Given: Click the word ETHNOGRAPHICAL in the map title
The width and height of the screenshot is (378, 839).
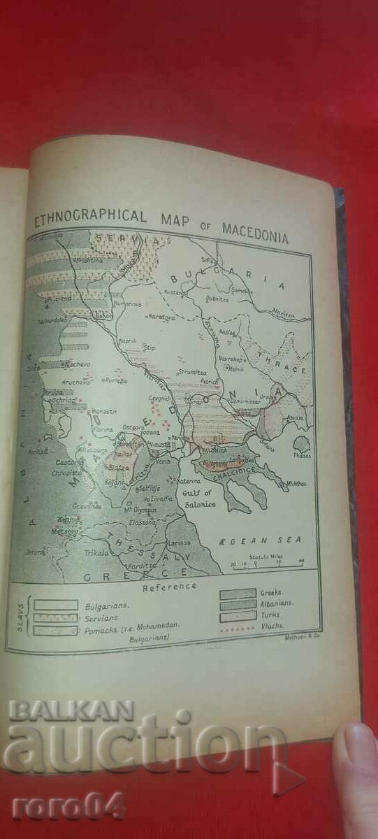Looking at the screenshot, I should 90,218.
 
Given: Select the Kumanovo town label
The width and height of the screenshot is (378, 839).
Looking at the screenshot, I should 129,305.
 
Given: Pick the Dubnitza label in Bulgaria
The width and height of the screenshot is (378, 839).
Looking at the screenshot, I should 217,299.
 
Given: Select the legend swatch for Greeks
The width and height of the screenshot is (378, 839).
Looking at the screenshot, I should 238,594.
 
